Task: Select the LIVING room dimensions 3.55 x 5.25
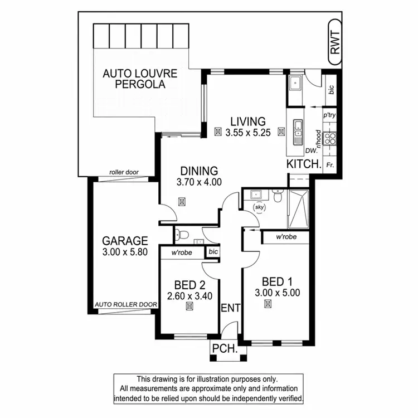point(249,133)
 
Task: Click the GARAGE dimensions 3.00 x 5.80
point(125,252)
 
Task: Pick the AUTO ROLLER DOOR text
point(126,305)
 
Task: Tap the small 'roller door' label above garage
point(124,173)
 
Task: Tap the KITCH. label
point(304,164)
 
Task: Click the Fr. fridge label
point(330,165)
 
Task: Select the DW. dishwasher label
point(311,150)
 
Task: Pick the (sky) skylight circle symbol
point(259,207)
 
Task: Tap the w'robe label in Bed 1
point(286,237)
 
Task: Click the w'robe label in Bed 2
point(182,252)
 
